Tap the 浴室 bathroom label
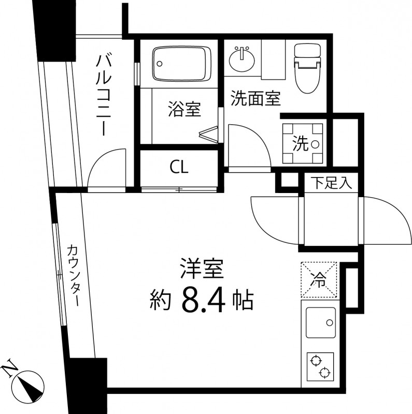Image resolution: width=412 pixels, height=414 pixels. coord(184,109)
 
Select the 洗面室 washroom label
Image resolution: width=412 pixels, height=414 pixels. coord(255,99)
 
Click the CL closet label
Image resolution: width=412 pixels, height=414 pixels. coord(179,167)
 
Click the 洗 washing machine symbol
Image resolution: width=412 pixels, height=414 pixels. coord(303,143)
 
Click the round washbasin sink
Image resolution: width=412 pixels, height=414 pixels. coord(242,59)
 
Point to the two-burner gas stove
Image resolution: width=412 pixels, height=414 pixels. coord(318,365)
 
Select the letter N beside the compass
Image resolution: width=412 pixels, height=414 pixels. coord(9,368)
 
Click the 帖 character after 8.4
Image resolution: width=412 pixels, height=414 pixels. coord(242,299)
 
